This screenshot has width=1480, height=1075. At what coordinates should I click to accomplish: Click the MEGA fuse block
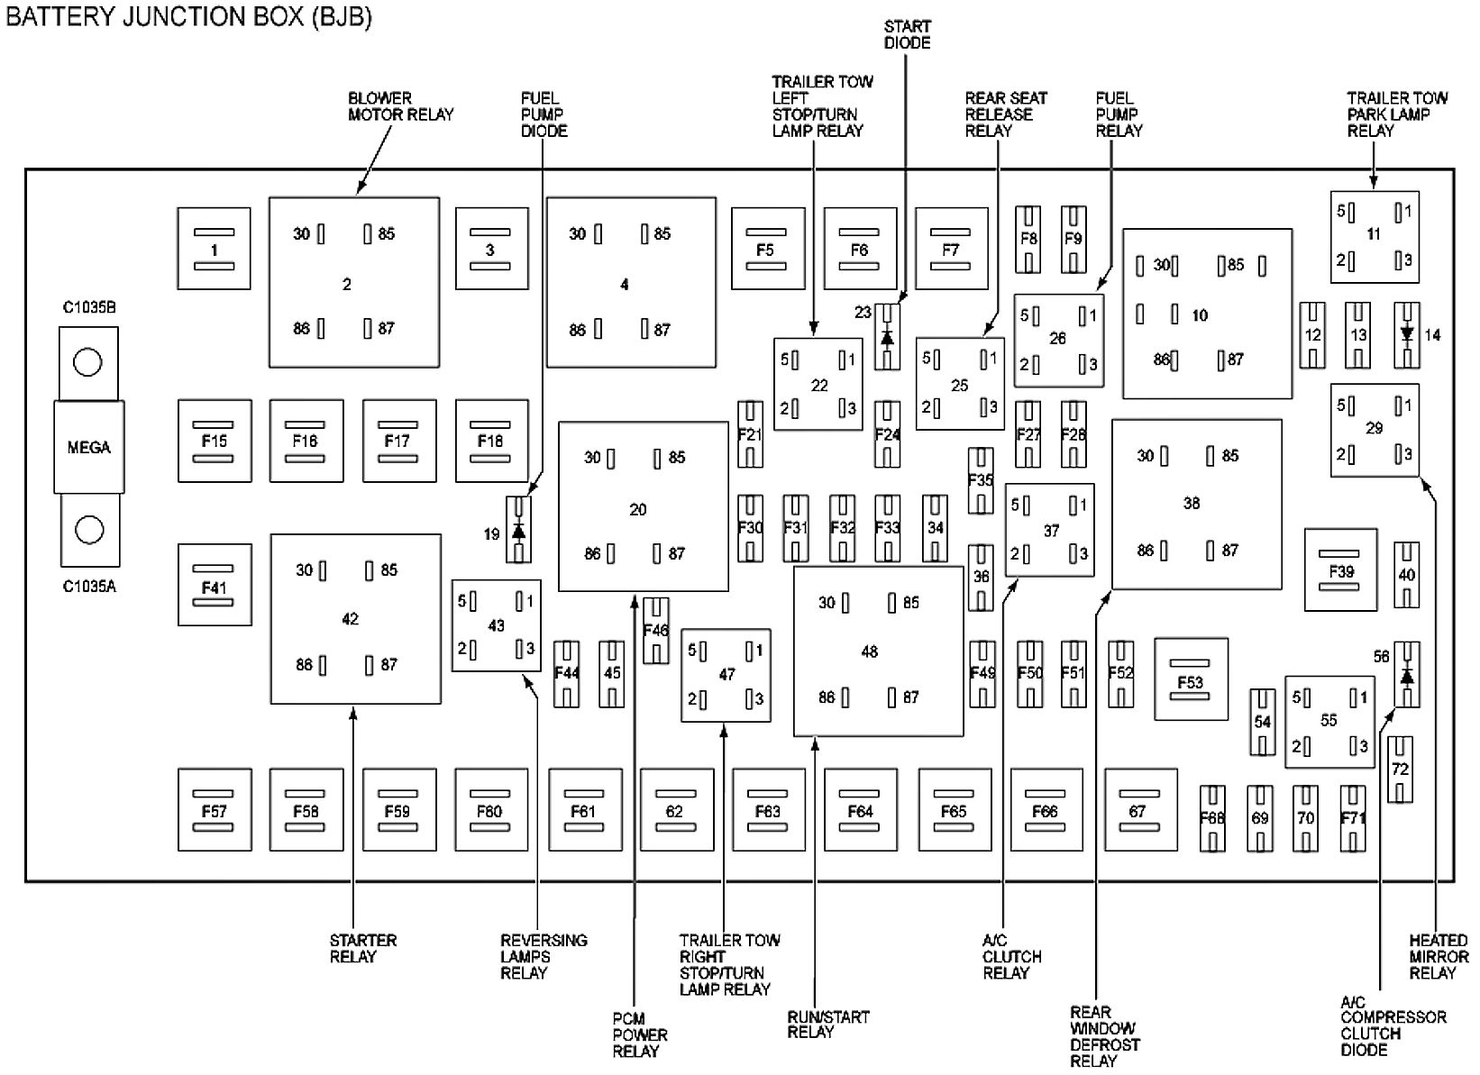88,447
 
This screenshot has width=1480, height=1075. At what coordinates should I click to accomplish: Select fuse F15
215,441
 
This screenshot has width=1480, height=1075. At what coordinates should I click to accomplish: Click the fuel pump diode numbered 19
518,530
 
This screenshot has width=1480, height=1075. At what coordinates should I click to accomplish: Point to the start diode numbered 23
887,337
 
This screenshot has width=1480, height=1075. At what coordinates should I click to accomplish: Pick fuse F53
1191,679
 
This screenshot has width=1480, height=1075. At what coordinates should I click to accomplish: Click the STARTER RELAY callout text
362,948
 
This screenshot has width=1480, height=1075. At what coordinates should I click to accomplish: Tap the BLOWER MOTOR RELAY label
400,106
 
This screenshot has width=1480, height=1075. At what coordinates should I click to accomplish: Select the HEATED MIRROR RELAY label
1438,957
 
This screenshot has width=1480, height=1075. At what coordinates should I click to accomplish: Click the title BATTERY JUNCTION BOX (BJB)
189,16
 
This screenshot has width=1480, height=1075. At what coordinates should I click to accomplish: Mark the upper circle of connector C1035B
87,362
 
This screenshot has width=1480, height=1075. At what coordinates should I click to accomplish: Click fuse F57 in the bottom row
215,810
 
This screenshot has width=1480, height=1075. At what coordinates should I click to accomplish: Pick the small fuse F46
656,630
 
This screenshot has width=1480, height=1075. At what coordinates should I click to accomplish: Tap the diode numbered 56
1407,675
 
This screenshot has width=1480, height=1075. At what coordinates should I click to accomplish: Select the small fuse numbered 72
1399,770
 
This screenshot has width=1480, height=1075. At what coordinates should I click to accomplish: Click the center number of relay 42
350,619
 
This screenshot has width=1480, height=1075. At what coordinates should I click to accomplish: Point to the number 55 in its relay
1329,721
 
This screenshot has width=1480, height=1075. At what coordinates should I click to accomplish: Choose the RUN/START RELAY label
827,1025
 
